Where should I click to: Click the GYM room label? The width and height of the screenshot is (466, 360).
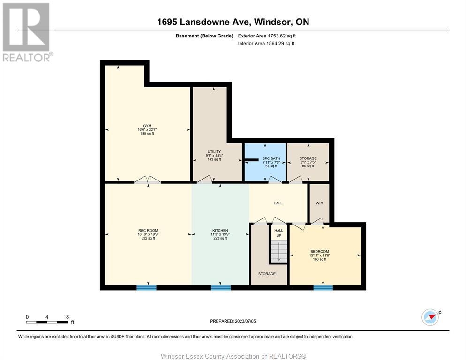click(147, 126)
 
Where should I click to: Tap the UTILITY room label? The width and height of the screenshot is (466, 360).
click(214, 151)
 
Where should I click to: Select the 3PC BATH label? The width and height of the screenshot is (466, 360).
click(271, 158)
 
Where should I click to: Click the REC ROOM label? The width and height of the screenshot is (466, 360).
click(148, 230)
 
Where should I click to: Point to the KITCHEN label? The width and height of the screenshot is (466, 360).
click(220, 230)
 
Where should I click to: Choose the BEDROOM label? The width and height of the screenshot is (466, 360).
click(319, 252)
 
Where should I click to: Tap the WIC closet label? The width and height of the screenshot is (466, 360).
click(319, 203)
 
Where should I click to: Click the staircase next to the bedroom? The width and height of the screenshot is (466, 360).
click(279, 251)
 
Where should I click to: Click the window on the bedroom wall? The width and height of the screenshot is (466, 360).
click(323, 287)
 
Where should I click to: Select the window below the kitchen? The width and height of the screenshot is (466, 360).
click(221, 287)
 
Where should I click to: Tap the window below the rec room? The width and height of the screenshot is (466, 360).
click(146, 287)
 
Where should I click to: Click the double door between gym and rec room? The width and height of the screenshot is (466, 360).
click(148, 180)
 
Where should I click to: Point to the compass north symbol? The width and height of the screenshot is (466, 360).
click(430, 317)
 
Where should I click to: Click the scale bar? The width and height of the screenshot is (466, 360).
click(47, 322)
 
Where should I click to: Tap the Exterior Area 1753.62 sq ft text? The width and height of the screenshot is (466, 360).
click(267, 36)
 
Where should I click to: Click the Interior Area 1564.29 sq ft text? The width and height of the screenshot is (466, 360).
click(266, 44)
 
